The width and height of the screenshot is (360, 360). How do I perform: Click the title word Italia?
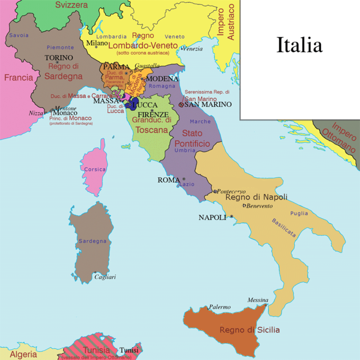[x=299, y=45]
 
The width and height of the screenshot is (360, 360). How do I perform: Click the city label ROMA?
[x=168, y=180]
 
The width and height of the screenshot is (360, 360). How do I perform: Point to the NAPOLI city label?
[x=212, y=217]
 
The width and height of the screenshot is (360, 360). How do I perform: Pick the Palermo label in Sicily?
[x=219, y=307]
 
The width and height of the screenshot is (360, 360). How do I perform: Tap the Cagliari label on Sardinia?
[x=105, y=277]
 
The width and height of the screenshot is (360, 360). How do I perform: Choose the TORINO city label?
[x=59, y=57]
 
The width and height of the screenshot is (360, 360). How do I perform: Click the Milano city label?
[x=97, y=43]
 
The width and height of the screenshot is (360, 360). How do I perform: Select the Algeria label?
[x=24, y=354]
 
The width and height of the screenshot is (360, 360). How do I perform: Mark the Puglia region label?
[x=299, y=214]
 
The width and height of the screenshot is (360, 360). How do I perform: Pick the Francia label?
[x=19, y=78]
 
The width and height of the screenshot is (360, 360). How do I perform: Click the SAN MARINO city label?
[x=208, y=104]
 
